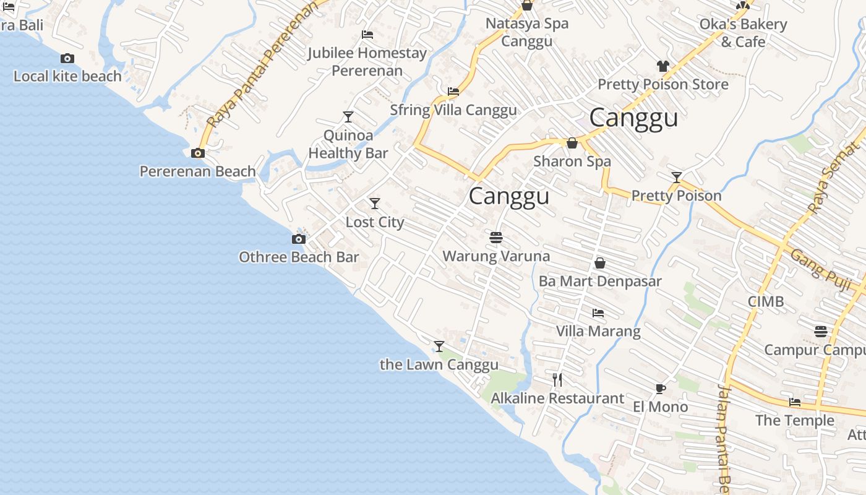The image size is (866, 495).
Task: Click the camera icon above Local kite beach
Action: click(67, 59)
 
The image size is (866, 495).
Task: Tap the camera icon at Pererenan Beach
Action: click(198, 153)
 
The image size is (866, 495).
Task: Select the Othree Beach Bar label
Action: click(299, 257)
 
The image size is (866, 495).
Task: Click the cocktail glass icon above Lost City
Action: click(375, 204)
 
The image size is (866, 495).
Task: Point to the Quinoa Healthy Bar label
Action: click(348, 144)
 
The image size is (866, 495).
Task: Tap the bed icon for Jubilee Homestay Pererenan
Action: click(367, 35)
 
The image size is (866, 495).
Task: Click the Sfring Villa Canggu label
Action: click(453, 110)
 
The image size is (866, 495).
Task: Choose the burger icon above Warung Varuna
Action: click(495, 238)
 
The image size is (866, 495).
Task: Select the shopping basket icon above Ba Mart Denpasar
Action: click(599, 264)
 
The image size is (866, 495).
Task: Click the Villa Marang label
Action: click(598, 331)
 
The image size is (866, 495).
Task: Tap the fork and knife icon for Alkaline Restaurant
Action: click(557, 380)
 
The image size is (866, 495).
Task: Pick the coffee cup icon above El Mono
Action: click(660, 389)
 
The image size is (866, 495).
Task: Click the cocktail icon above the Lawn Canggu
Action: click(439, 346)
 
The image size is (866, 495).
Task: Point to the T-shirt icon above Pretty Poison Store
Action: click(662, 66)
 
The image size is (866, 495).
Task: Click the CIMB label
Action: click(766, 301)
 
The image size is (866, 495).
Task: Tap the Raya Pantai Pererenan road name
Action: click(262, 66)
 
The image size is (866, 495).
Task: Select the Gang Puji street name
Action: click(820, 265)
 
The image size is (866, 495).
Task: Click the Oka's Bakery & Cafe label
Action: click(743, 33)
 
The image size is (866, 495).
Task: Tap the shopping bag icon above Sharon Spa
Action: click(572, 144)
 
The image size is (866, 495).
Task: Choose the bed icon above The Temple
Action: click(795, 402)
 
